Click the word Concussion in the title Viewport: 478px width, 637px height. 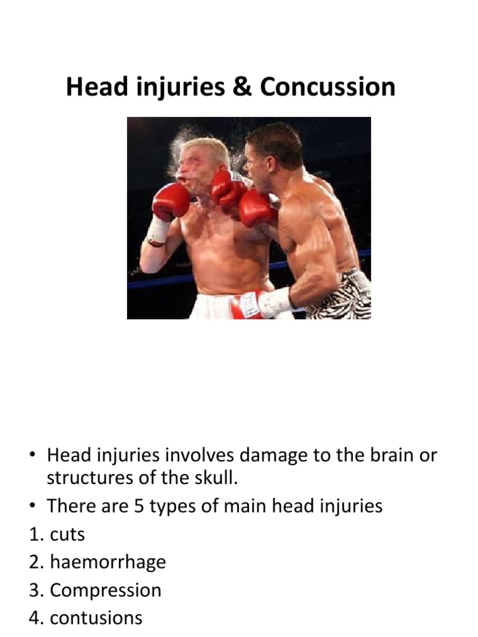[x=327, y=87]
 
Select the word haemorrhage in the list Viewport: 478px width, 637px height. [x=108, y=562]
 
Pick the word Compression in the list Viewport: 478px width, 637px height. [x=105, y=590]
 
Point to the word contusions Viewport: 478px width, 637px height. [x=96, y=618]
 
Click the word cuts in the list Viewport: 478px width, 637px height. [x=67, y=534]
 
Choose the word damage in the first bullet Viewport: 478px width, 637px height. [x=279, y=455]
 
